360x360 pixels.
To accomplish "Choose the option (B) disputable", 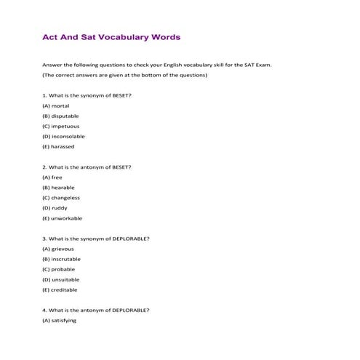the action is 60,116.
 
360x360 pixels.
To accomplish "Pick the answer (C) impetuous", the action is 61,126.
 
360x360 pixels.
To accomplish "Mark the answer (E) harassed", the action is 58,146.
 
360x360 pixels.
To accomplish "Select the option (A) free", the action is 52,177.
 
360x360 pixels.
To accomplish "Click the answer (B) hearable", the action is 58,187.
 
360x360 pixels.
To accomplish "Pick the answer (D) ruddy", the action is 55,207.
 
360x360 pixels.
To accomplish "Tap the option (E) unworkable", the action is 62,217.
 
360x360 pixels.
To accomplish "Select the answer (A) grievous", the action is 58,249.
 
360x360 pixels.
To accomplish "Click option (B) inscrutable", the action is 62,259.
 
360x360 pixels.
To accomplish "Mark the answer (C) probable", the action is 59,269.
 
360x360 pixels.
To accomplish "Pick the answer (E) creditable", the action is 60,289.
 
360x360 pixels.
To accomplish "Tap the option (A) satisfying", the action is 59,320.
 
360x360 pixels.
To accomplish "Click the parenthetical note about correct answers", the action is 124,75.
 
